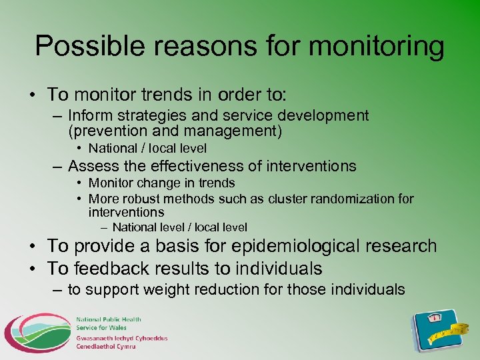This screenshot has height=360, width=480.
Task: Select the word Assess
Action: point(91,166)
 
